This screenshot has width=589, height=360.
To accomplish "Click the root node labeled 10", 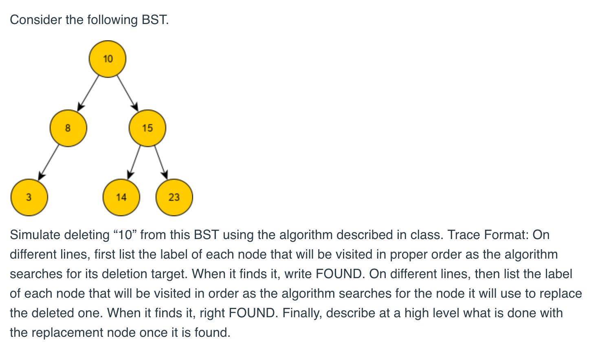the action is coord(108,59).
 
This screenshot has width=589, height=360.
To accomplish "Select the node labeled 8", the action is coord(68,128).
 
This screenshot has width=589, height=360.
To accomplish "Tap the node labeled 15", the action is coord(147,128).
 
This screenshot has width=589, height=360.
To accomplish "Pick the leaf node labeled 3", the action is coord(29,198).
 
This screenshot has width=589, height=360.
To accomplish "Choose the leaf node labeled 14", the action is coord(121,198).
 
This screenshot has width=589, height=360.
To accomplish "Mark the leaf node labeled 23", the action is coord(174,198).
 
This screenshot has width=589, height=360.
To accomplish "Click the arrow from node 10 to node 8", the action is coord(88,93).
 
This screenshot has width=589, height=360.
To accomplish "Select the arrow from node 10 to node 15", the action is coord(127,93).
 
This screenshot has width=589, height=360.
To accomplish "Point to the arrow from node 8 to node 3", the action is coord(48,163).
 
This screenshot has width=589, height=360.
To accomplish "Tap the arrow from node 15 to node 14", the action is coord(134,163).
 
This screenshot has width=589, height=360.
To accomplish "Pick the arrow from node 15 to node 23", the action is coord(161,163).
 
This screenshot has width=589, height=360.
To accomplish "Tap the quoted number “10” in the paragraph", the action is coord(125,235).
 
